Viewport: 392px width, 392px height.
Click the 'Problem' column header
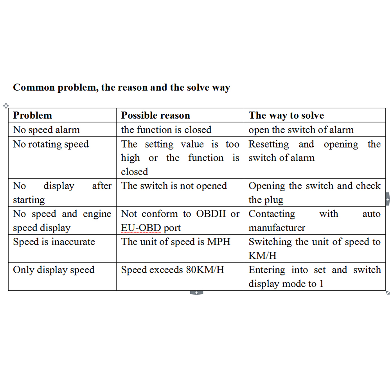(32, 115)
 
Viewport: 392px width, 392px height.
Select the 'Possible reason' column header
(155, 115)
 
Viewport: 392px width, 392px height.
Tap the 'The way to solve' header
(286, 115)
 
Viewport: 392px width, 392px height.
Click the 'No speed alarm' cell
(46, 130)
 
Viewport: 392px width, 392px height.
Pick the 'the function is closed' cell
(166, 130)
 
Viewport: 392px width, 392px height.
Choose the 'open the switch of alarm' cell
(301, 130)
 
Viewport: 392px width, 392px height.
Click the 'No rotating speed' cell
(51, 144)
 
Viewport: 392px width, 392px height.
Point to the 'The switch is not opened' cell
(174, 186)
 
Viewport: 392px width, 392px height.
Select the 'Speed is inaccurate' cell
(54, 242)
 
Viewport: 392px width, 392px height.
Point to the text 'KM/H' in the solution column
(263, 256)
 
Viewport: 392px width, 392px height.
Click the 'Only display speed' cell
(54, 270)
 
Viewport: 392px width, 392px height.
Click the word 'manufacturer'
(277, 228)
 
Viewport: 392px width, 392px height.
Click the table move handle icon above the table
(5, 106)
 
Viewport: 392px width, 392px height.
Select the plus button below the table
(196, 293)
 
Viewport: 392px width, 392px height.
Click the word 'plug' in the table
(274, 200)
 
